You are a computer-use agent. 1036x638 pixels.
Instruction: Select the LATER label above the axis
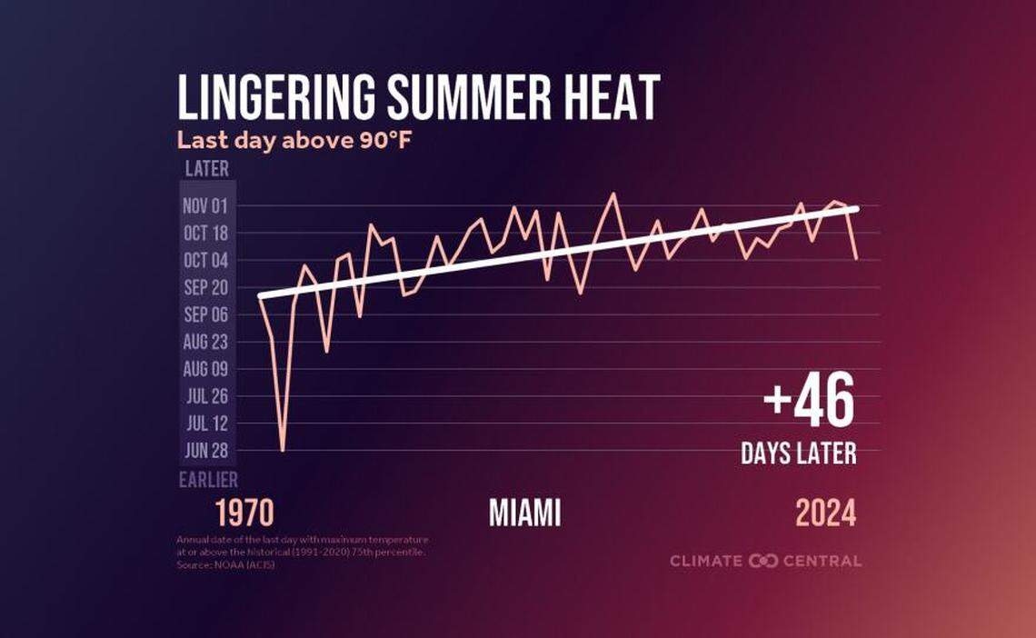click(207, 169)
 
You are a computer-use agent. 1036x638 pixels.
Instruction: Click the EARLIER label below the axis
click(208, 480)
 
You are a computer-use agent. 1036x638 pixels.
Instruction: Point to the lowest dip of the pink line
click(283, 450)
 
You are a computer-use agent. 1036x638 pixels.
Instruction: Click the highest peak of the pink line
click(612, 194)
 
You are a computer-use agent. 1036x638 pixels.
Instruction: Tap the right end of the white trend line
click(856, 209)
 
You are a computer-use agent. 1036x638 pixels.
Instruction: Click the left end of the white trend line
click(261, 296)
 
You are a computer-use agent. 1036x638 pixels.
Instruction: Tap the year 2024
click(825, 513)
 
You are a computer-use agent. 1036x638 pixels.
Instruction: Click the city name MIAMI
click(524, 513)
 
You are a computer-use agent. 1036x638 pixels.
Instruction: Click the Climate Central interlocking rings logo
click(763, 561)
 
